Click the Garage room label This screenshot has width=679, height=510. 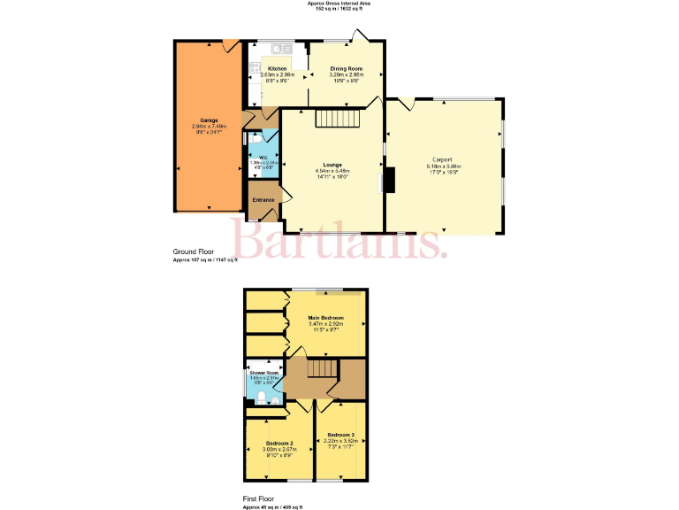[x=209, y=120]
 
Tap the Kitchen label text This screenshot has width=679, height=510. [x=277, y=68]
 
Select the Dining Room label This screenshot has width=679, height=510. [x=346, y=68]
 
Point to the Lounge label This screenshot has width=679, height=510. [x=332, y=164]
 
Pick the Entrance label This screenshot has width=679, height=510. [x=263, y=199]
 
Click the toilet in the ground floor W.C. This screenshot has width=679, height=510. [x=254, y=139]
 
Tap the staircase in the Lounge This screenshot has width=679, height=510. [x=340, y=119]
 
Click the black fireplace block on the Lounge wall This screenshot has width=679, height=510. [x=387, y=181]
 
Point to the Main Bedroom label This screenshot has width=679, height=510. [x=325, y=317]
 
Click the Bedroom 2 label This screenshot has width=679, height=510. [x=279, y=443]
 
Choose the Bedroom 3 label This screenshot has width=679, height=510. [x=340, y=435]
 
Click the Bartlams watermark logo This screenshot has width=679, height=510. [x=339, y=241]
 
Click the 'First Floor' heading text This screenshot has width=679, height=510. [x=261, y=499]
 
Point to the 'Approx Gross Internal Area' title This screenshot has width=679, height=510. [x=339, y=4]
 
